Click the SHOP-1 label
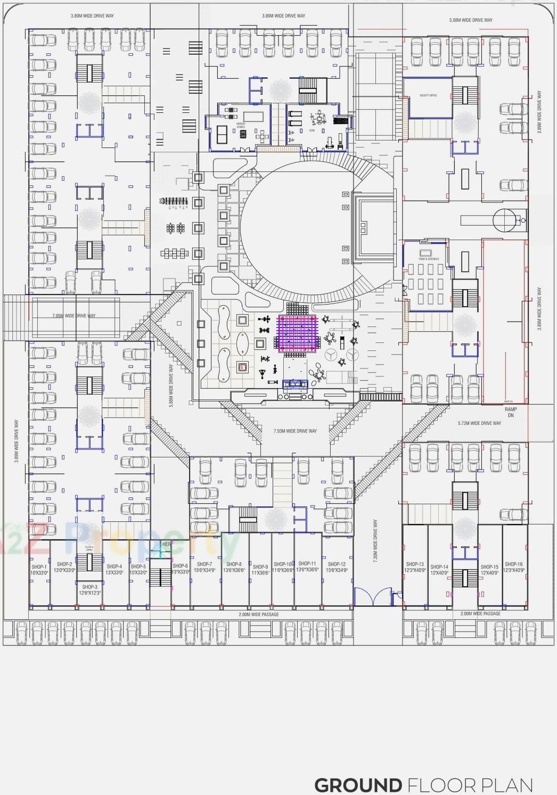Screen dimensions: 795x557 pyautogui.click(x=39, y=567)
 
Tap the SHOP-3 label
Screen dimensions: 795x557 pyautogui.click(x=89, y=587)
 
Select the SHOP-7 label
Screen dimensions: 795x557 pyautogui.click(x=204, y=564)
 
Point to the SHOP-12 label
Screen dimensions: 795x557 pyautogui.click(x=337, y=564)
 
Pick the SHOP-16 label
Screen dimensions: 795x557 pyautogui.click(x=514, y=564)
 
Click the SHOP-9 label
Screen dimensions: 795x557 pyautogui.click(x=260, y=567)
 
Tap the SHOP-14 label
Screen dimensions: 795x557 pyautogui.click(x=439, y=567)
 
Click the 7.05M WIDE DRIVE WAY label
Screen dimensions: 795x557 pyautogui.click(x=74, y=316)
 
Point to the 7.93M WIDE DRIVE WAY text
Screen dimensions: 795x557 pyautogui.click(x=295, y=431)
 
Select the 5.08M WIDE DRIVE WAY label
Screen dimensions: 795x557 pyautogui.click(x=471, y=20)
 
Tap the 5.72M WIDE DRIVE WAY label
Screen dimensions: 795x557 pyautogui.click(x=479, y=423)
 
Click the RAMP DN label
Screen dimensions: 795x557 pyautogui.click(x=511, y=412)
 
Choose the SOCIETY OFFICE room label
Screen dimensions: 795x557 pyautogui.click(x=428, y=95)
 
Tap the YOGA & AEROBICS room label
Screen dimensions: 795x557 pyautogui.click(x=428, y=259)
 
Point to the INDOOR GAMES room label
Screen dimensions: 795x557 pyautogui.click(x=241, y=126)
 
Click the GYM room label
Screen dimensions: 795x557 pyautogui.click(x=312, y=114)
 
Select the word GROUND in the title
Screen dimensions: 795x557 pyautogui.click(x=358, y=785)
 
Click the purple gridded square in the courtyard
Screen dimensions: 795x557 pyautogui.click(x=297, y=333)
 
